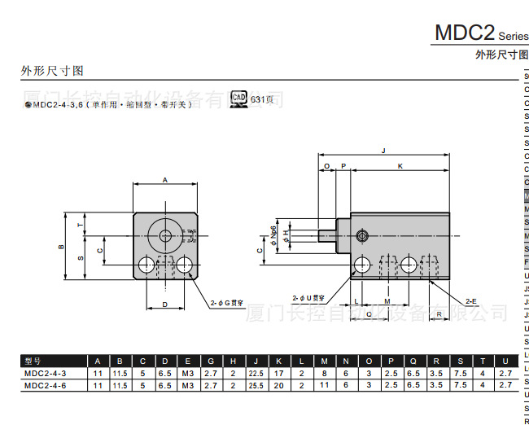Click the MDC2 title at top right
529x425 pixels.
(465, 33)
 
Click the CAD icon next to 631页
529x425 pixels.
(238, 99)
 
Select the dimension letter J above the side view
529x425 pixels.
(383, 151)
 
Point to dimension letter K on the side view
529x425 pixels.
(400, 166)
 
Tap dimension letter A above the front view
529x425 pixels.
(165, 179)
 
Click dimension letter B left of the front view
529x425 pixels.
(61, 247)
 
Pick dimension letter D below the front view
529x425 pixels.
(165, 305)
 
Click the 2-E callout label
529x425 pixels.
(471, 300)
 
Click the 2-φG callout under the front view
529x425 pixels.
(228, 302)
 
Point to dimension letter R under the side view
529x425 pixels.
(439, 313)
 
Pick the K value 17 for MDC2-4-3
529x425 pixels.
(279, 373)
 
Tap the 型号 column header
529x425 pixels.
(33, 361)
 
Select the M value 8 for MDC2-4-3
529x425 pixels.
(324, 373)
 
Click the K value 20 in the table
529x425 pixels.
(279, 384)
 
